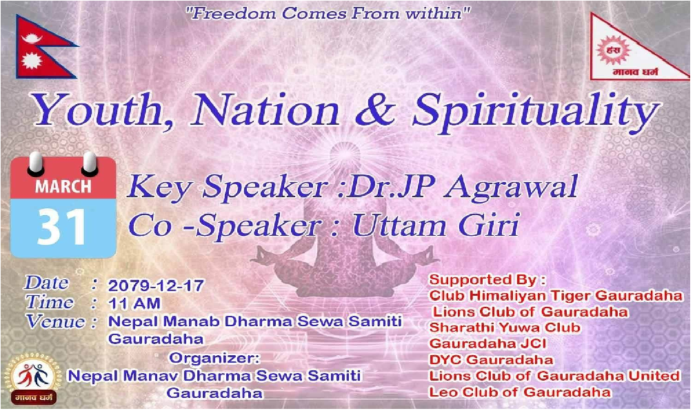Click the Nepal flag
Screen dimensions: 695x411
(42, 47)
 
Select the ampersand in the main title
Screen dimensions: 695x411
(375, 109)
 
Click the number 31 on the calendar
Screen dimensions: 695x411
(62, 228)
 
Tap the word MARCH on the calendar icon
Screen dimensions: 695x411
(63, 186)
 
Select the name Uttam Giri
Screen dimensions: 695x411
(435, 225)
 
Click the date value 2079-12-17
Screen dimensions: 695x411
(156, 285)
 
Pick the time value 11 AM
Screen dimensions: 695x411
(134, 303)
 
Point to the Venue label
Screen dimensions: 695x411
(55, 322)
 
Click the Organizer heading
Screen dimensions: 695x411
(214, 358)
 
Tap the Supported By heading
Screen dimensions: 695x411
(487, 280)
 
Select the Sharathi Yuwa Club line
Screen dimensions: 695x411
(505, 328)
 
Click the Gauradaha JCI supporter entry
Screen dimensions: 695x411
(487, 343)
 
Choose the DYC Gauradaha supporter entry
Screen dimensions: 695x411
(491, 359)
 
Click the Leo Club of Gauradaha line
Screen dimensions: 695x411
(519, 392)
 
